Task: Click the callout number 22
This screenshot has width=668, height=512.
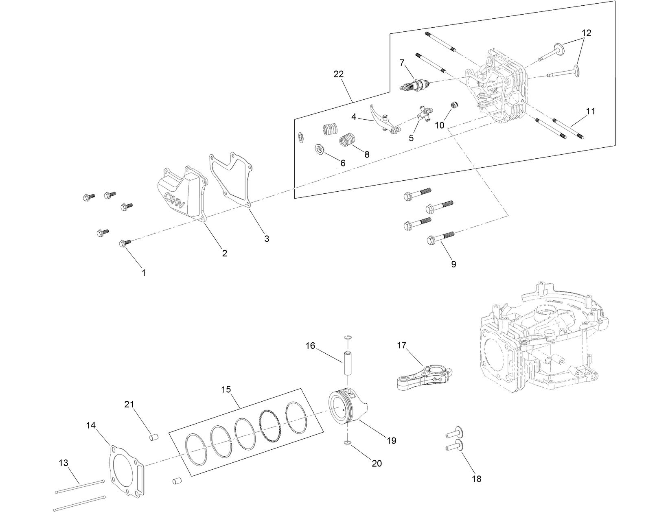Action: (x=338, y=74)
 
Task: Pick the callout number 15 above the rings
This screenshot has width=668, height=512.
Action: (x=226, y=389)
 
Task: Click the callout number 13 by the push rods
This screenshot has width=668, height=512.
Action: (x=64, y=463)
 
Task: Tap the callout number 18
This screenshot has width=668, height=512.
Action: (x=476, y=479)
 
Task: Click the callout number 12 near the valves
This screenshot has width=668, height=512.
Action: (x=586, y=33)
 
